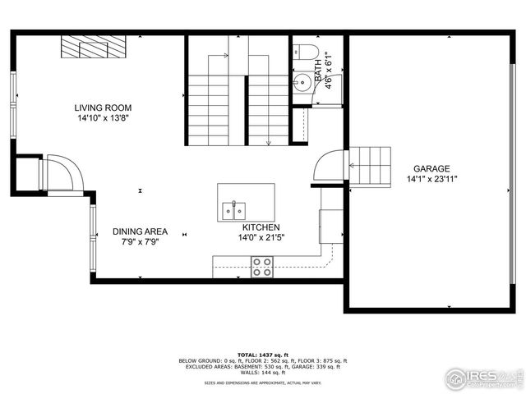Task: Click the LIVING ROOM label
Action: pyautogui.click(x=103, y=108)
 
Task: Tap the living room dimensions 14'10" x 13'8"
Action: pyautogui.click(x=103, y=118)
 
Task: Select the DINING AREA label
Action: pyautogui.click(x=140, y=231)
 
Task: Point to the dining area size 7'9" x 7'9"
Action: pyautogui.click(x=140, y=242)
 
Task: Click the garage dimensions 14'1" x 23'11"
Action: pyautogui.click(x=431, y=179)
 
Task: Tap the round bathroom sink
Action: pyautogui.click(x=302, y=81)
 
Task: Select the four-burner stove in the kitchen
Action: pyautogui.click(x=262, y=266)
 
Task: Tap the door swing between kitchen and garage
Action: pyautogui.click(x=330, y=166)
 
